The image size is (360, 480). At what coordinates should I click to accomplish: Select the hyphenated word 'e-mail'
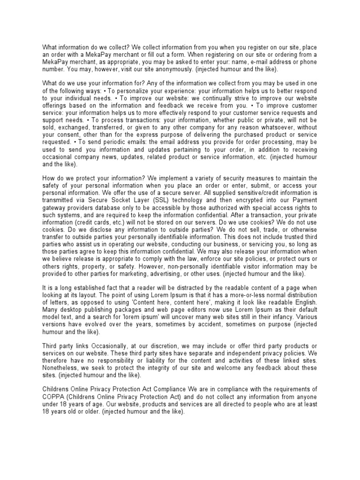(x=253, y=62)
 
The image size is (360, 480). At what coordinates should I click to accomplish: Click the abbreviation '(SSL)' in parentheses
(x=148, y=201)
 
